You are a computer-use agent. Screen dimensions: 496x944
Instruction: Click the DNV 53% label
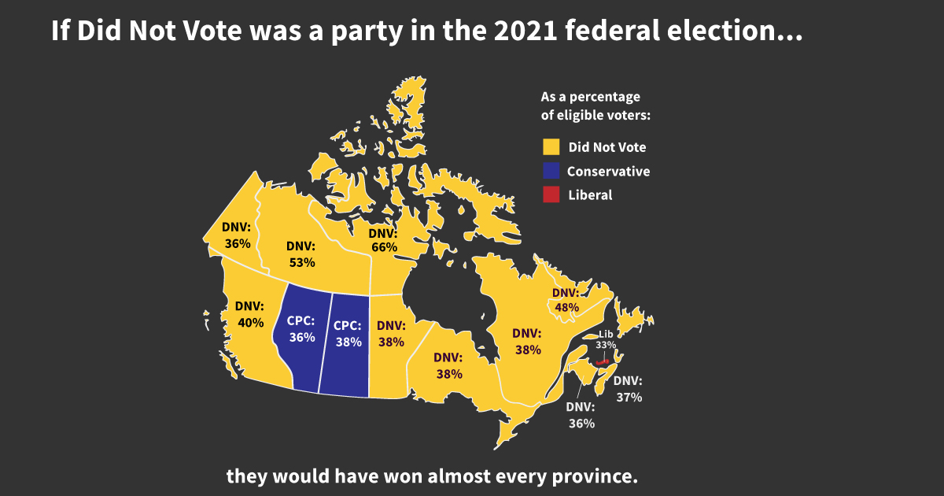click(x=301, y=254)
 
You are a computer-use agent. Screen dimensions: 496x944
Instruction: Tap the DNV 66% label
click(x=384, y=240)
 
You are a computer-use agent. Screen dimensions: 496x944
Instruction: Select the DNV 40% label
click(x=251, y=314)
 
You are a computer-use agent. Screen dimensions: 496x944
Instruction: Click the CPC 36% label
click(x=301, y=329)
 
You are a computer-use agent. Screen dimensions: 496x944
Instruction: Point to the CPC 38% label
click(x=348, y=334)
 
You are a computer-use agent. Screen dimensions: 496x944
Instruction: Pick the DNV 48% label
click(x=564, y=299)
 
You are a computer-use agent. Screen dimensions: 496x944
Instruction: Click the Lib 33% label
click(x=605, y=339)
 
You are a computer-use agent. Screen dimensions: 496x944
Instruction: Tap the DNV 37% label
click(x=629, y=389)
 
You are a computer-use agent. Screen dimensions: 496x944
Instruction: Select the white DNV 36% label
click(x=581, y=415)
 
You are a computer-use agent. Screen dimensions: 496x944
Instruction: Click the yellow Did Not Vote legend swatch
click(x=551, y=146)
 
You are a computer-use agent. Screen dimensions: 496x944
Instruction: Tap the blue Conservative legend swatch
click(x=551, y=171)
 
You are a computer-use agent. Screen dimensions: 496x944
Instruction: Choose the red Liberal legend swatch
click(x=551, y=194)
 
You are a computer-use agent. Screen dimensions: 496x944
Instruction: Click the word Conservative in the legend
click(x=608, y=171)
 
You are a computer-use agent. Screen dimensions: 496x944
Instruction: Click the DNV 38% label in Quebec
click(x=528, y=341)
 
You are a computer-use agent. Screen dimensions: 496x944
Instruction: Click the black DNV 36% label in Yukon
click(x=236, y=235)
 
